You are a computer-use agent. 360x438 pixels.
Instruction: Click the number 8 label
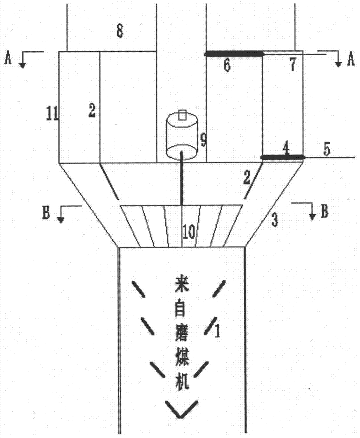pyautogui.click(x=119, y=31)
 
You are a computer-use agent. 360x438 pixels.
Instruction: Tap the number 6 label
pyautogui.click(x=226, y=66)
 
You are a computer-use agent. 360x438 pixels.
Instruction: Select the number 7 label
pyautogui.click(x=292, y=66)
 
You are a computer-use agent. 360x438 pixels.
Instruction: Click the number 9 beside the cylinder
pyautogui.click(x=203, y=140)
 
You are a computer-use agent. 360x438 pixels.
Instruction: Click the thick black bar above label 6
pyautogui.click(x=234, y=54)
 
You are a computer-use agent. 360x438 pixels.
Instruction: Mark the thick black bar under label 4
pyautogui.click(x=282, y=157)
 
